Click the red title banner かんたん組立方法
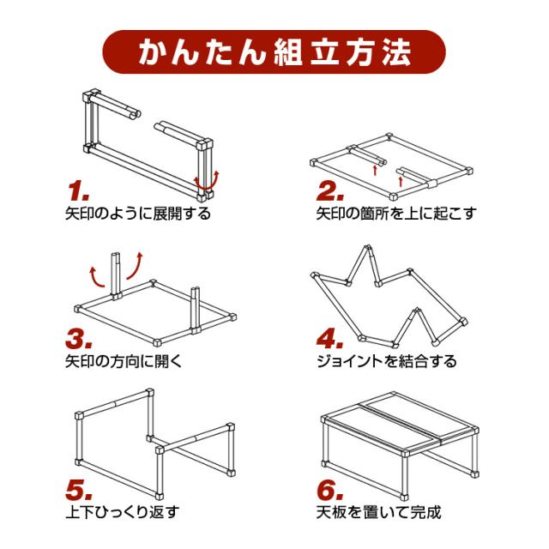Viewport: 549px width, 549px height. click(x=274, y=52)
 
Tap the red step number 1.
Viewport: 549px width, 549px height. click(x=79, y=188)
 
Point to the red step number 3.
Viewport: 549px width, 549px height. click(x=80, y=338)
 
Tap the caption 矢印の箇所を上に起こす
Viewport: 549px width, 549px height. click(x=395, y=213)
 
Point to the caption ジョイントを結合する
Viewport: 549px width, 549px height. click(x=386, y=361)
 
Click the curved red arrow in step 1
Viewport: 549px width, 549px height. click(x=207, y=180)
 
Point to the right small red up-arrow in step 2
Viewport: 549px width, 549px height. click(x=401, y=179)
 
